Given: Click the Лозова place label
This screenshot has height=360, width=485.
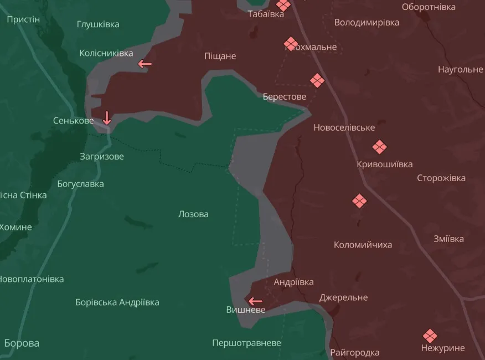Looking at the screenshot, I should pyautogui.click(x=193, y=214).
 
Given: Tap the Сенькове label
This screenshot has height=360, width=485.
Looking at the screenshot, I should pyautogui.click(x=73, y=120).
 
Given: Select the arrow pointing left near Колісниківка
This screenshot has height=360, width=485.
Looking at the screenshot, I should pyautogui.click(x=145, y=64).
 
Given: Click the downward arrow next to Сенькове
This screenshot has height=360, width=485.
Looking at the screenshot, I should pyautogui.click(x=107, y=117).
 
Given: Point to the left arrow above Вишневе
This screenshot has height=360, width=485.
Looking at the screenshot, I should pyautogui.click(x=255, y=301).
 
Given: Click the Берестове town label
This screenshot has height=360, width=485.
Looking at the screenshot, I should pyautogui.click(x=285, y=96).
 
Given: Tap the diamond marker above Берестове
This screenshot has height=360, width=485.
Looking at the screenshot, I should pyautogui.click(x=317, y=81).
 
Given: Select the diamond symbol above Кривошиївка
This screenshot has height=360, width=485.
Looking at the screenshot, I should pyautogui.click(x=379, y=147).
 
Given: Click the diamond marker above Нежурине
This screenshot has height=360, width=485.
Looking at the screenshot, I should pyautogui.click(x=430, y=336).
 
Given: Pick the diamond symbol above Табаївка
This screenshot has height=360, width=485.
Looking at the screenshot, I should pyautogui.click(x=283, y=5).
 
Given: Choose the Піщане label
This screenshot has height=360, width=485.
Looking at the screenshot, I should pyautogui.click(x=220, y=56).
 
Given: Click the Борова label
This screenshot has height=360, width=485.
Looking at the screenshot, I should pyautogui.click(x=22, y=343).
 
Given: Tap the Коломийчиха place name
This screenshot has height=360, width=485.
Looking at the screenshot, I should pyautogui.click(x=363, y=244).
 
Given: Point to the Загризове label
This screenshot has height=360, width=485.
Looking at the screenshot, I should pyautogui.click(x=101, y=156).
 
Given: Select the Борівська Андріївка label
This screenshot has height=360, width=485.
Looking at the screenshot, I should pyautogui.click(x=117, y=302).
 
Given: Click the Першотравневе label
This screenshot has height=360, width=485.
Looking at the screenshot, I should pyautogui.click(x=246, y=343).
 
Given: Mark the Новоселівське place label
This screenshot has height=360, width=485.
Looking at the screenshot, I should pyautogui.click(x=344, y=127).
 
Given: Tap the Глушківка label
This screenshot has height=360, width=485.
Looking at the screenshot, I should pyautogui.click(x=98, y=24).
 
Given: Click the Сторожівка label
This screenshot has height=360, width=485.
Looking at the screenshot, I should pyautogui.click(x=441, y=178).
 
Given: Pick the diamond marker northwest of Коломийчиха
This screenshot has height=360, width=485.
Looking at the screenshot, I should pyautogui.click(x=359, y=201).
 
